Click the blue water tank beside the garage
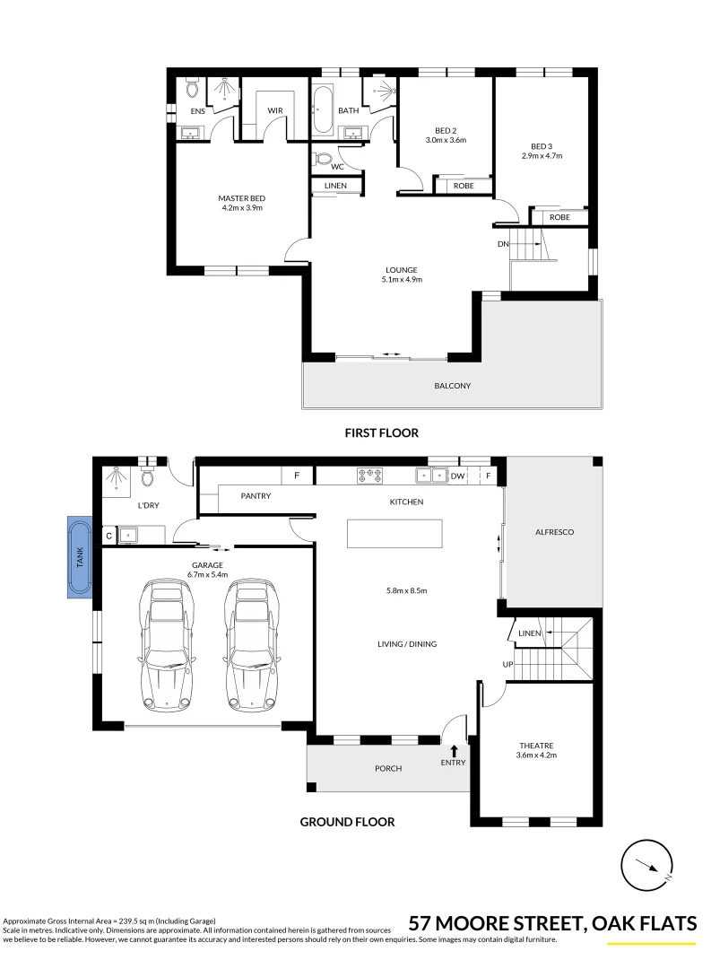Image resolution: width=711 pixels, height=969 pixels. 77,557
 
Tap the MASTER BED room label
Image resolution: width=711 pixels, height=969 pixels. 241,198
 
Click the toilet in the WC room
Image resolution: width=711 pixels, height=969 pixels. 324,160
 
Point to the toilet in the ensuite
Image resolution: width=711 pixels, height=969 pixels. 191,90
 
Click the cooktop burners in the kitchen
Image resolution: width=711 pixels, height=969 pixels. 370,476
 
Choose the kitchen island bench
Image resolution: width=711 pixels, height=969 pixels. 395,534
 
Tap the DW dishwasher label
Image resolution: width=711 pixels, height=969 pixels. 457,476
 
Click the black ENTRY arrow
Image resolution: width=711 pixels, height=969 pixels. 454,751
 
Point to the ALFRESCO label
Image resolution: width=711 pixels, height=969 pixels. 553,532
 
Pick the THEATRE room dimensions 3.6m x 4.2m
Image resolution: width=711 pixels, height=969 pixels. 536,755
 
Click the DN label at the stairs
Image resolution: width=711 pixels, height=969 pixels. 503,244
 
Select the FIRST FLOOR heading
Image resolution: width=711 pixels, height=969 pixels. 382,432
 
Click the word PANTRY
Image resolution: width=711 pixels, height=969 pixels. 256,495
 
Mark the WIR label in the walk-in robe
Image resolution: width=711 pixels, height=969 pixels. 275,111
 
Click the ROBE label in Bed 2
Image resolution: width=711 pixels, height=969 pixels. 463,186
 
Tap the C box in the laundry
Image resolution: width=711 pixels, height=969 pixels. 108,537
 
